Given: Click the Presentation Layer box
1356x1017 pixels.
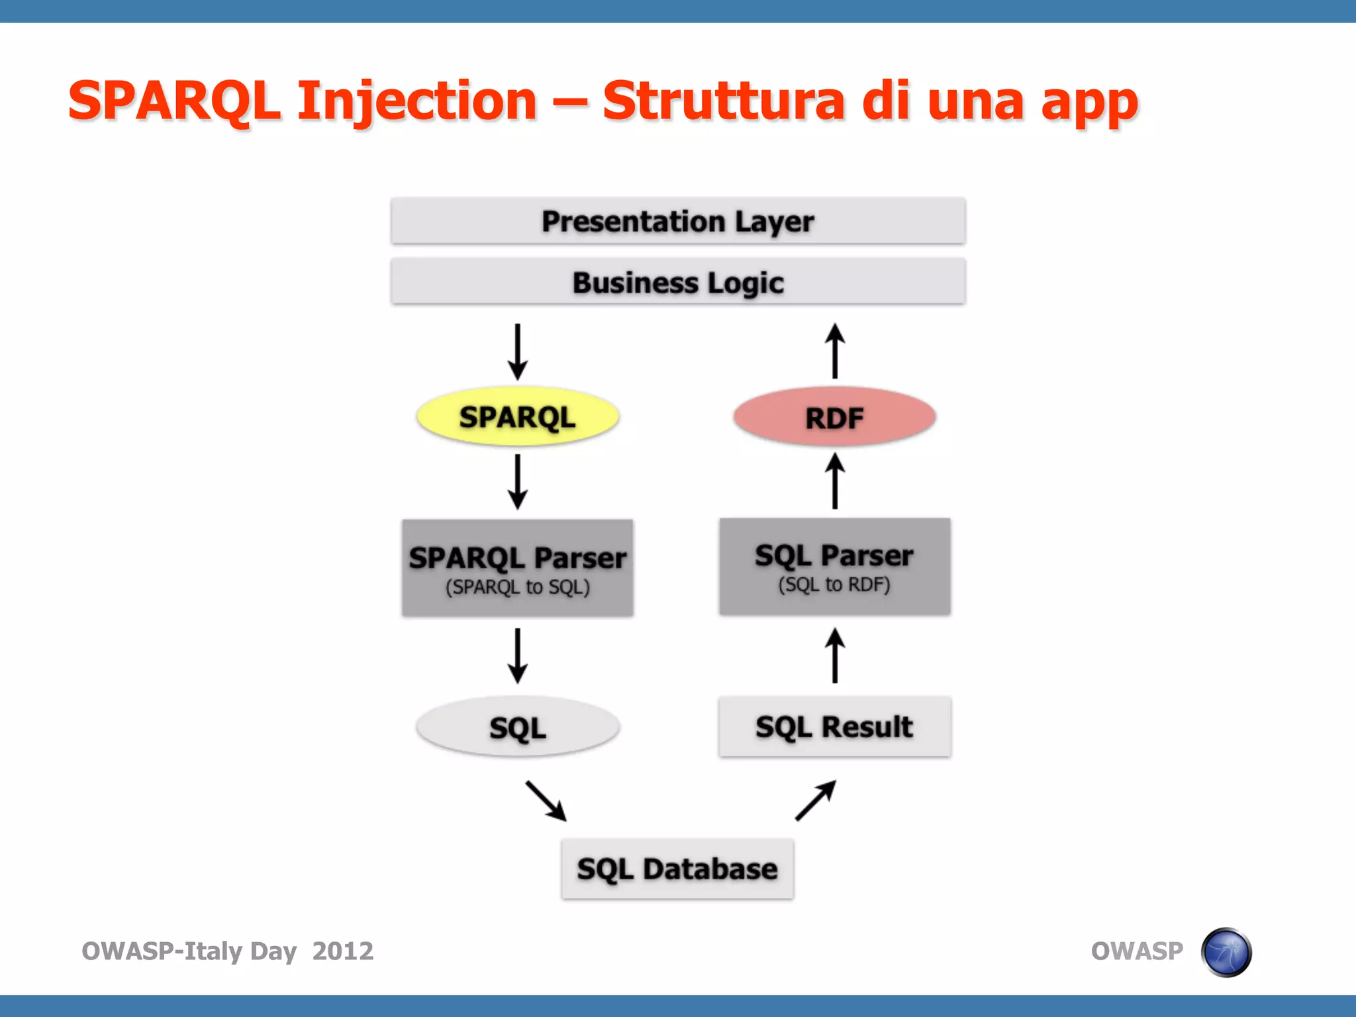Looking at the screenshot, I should click(x=677, y=221).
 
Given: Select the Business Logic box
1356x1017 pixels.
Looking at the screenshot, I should click(x=677, y=282).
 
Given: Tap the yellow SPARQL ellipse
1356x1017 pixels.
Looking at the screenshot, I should click(x=517, y=416).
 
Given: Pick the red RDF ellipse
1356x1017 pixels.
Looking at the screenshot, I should click(x=834, y=417).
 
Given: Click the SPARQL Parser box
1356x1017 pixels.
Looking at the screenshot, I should click(x=517, y=568).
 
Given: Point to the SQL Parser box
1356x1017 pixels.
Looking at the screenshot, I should click(x=834, y=566).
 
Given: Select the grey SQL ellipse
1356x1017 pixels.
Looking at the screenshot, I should click(x=517, y=727).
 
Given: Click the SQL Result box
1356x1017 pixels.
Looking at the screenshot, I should click(x=834, y=726).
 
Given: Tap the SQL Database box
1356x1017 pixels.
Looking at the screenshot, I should click(x=677, y=869).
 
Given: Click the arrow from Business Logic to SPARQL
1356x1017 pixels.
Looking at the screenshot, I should click(x=517, y=351).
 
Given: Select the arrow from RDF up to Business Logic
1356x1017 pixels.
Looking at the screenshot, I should click(x=834, y=351).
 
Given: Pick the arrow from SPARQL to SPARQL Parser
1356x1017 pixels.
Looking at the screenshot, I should click(x=517, y=481).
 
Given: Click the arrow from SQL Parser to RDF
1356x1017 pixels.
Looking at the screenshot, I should click(x=834, y=481).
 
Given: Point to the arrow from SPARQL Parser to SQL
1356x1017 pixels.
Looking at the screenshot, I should click(x=517, y=655).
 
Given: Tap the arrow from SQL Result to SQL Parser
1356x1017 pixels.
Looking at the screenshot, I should click(x=834, y=655).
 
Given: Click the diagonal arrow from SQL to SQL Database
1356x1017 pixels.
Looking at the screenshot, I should click(x=546, y=801).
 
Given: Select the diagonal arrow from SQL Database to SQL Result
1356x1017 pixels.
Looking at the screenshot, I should click(x=816, y=800).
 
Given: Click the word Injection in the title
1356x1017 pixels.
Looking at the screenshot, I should click(x=416, y=101).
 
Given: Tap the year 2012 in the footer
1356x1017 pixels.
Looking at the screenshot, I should click(x=342, y=951).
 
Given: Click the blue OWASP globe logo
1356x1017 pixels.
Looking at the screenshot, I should click(x=1226, y=952).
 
